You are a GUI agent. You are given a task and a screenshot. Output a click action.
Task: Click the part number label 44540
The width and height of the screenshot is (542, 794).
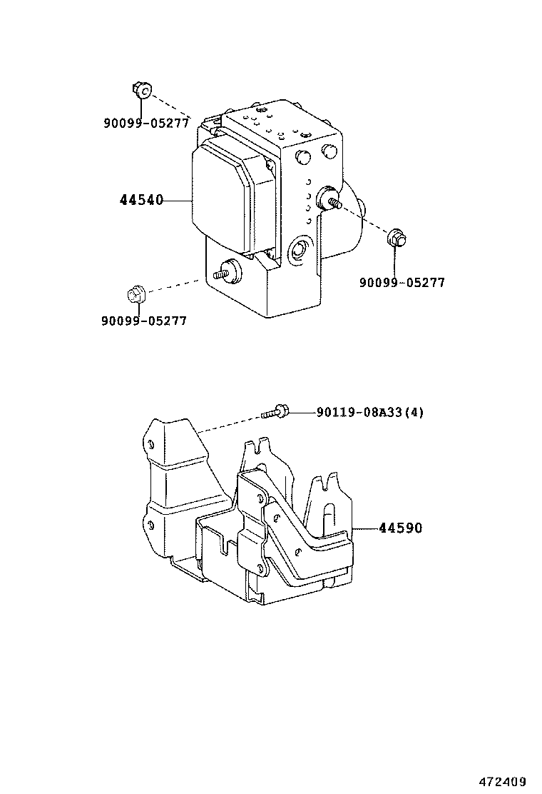point(141,201)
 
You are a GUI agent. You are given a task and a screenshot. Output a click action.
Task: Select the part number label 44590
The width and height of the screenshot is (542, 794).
point(400,528)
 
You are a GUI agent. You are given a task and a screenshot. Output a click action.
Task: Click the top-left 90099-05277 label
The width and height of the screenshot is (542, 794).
point(146,122)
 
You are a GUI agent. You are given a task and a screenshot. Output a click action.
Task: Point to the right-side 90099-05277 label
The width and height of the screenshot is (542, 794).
point(402,282)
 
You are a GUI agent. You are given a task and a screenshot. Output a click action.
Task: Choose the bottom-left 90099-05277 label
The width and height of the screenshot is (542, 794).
point(143,321)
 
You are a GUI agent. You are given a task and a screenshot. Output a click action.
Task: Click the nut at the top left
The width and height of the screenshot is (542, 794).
point(140,89)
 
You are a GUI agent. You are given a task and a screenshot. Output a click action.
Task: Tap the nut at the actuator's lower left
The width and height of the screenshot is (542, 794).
point(135,293)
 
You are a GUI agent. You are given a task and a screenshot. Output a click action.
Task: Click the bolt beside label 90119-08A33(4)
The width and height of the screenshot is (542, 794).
point(275,412)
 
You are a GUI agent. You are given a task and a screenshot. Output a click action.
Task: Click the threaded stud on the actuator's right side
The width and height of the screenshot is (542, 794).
point(332,199)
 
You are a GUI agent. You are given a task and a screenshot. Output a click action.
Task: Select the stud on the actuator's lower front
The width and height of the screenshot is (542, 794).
point(230,271)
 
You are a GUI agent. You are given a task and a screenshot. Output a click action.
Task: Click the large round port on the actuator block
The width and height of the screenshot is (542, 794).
point(297,251)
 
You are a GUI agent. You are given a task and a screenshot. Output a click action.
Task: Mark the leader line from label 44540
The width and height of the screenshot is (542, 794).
point(178,201)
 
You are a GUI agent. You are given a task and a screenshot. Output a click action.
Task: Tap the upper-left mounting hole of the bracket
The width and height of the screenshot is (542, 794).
point(151,444)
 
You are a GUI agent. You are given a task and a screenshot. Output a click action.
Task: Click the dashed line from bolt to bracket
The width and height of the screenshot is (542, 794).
point(228,423)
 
